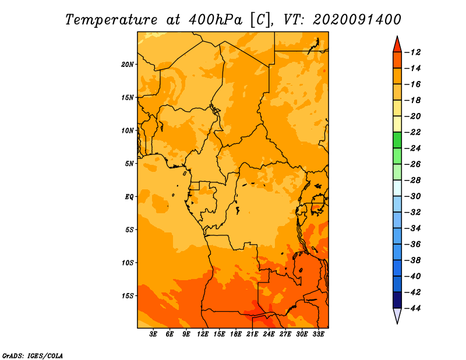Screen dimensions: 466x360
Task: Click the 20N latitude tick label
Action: tap(128, 64)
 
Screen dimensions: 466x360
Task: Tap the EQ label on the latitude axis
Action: tap(129, 196)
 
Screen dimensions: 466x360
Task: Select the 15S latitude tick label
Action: tap(128, 296)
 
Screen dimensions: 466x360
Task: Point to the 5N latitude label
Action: tap(129, 164)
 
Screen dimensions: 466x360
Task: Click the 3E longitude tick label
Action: tap(153, 334)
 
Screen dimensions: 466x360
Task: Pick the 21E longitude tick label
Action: tap(252, 334)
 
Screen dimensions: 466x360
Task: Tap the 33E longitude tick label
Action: tap(318, 334)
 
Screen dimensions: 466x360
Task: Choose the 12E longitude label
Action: tap(202, 334)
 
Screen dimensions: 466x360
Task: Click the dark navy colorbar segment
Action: tap(397, 300)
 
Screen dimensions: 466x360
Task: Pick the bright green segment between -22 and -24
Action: tap(397, 140)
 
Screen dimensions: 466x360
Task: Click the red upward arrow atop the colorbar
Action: tap(397, 45)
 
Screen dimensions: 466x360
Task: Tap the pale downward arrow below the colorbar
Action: tap(397, 315)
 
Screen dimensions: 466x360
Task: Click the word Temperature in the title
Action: tap(111, 20)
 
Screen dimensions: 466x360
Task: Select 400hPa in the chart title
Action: tap(216, 20)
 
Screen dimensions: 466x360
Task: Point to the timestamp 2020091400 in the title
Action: tap(357, 20)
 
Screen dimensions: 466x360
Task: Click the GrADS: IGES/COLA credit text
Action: tap(33, 355)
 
